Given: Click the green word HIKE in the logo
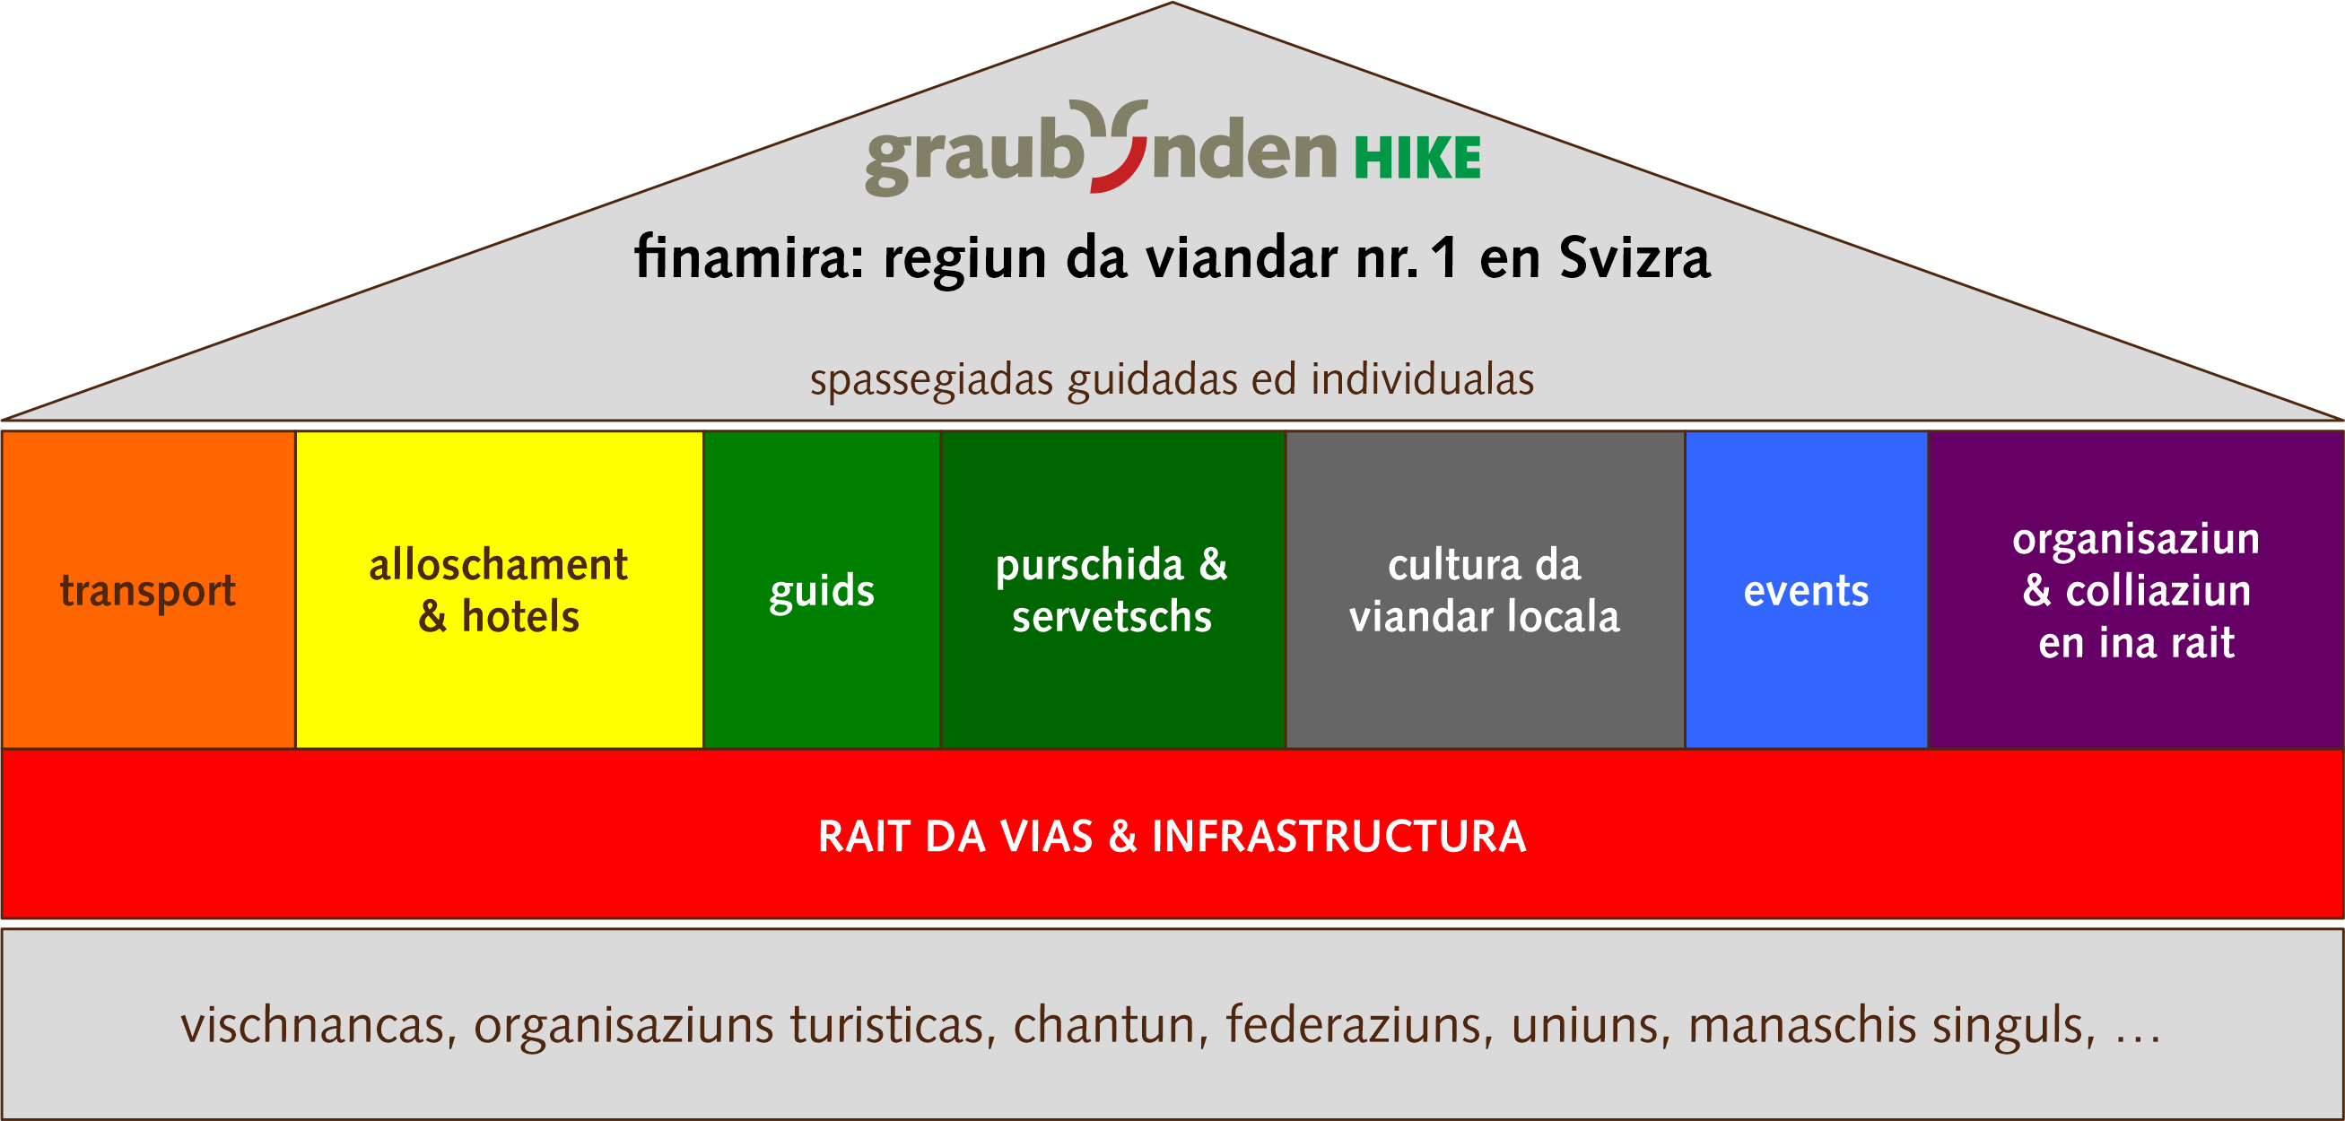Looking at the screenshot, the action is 1417,158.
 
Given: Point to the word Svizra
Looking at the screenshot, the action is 1635,257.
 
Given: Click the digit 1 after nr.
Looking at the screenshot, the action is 1443,258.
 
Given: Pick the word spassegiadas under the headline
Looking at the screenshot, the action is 931,380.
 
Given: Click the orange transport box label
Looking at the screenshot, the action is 147,591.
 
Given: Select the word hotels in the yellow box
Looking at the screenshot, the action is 520,617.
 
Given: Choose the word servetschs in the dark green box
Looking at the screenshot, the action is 1112,617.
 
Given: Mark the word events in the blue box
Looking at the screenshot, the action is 1806,591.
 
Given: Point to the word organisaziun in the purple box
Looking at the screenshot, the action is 2137,540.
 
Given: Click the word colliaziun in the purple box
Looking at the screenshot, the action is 2158,591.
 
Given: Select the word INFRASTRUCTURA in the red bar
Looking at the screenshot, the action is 1339,836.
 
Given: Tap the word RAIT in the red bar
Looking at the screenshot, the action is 864,836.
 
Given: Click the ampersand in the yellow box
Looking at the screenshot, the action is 432,617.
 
